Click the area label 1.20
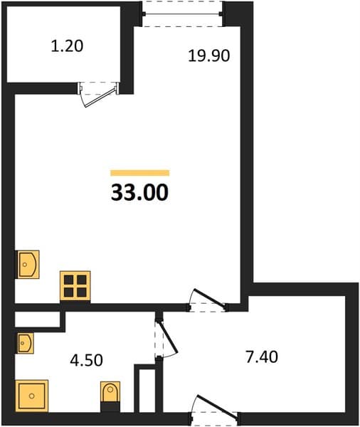coord(67,46)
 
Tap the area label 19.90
coord(209,56)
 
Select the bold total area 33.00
coord(139,192)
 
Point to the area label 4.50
coord(86,360)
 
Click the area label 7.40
coord(262,357)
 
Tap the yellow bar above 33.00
coord(140,173)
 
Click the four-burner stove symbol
coord(75,286)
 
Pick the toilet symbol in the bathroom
coord(110,391)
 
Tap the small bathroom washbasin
coord(26,343)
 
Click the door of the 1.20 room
coord(99,94)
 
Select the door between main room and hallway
coord(207,300)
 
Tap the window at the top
coord(182,14)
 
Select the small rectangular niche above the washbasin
coord(37,320)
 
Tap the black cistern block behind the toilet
coord(110,407)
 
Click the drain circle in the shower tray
coord(32,396)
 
